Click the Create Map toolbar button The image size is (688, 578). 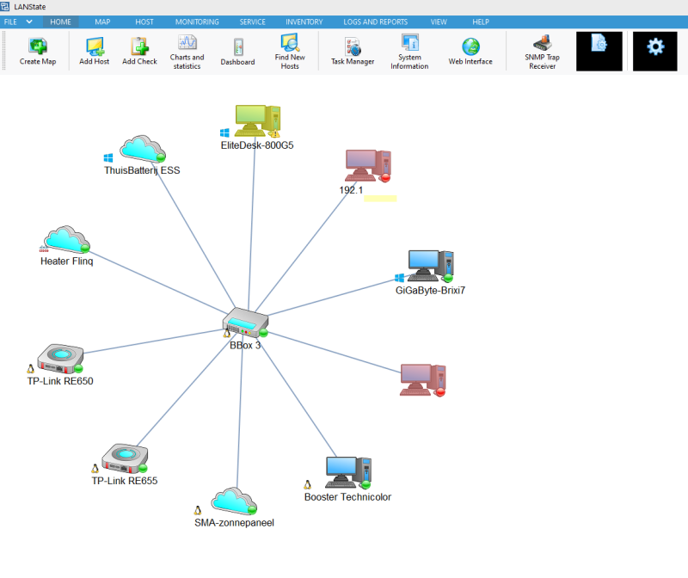click(38, 51)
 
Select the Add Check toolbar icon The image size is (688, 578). click(139, 51)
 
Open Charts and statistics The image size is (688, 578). click(187, 51)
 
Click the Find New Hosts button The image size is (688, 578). click(290, 51)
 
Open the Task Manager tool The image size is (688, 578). click(353, 51)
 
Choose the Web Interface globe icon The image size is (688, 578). click(470, 51)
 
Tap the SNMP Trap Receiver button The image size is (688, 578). click(542, 51)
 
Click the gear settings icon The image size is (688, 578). click(655, 46)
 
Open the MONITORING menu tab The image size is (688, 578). click(197, 22)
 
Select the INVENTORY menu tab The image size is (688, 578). click(304, 22)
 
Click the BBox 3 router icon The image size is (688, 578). click(243, 323)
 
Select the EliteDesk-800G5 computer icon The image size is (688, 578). click(255, 121)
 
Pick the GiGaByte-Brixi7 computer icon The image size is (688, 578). click(428, 266)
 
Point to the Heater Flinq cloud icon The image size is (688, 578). click(66, 239)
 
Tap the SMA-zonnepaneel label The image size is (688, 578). click(234, 522)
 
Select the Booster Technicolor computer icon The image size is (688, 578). click(347, 472)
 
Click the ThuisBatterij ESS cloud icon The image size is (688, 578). click(142, 148)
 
